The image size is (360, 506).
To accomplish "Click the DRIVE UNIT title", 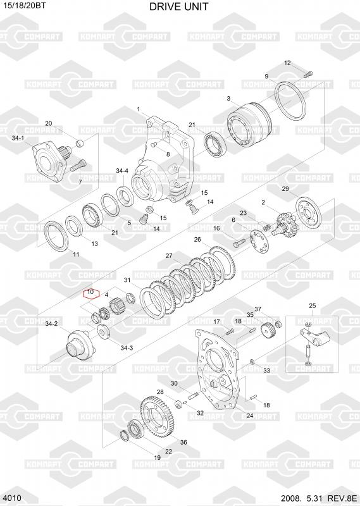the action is click(179, 6).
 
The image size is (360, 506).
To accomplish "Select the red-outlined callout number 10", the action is click(90, 292).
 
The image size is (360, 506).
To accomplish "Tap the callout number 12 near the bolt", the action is click(287, 63).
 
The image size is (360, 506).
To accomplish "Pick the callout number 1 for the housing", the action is click(139, 109).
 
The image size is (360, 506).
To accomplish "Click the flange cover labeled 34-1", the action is click(49, 159).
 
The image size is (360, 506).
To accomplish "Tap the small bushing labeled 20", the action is click(80, 142).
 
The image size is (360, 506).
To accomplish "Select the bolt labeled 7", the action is click(78, 166).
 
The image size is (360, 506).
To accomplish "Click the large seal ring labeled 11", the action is click(56, 235).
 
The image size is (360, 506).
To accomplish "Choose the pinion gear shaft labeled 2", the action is click(283, 223).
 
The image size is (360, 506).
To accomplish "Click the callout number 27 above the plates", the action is click(169, 256).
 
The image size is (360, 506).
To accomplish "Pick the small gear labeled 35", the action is click(268, 330).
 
